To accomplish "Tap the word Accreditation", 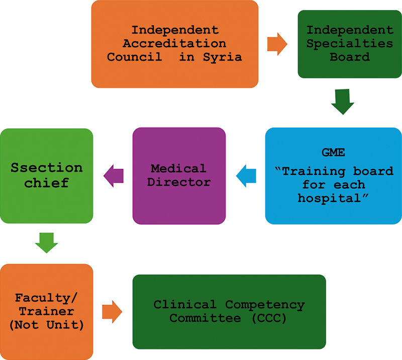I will point(175,44).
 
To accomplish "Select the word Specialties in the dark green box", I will point(350,44).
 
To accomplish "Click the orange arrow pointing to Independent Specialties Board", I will point(277,44).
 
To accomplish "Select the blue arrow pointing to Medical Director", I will point(246,175).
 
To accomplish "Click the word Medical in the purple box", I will point(178,168).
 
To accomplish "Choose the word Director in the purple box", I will point(178,181).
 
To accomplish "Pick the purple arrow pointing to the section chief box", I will point(113,175).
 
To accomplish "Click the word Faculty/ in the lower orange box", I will point(46,298).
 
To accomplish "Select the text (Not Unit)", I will point(46,324).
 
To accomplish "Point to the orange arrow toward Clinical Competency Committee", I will point(112,311).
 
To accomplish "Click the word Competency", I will point(264,304).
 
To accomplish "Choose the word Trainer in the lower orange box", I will point(46,311).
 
